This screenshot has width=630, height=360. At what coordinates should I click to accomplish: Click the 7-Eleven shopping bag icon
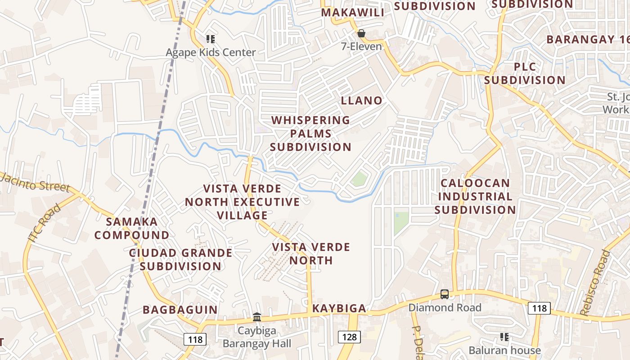(361, 33)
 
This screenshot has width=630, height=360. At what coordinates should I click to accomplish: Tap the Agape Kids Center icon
(210, 40)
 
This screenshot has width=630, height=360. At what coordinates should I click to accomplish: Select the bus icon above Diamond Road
(445, 294)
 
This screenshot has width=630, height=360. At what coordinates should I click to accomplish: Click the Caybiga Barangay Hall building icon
(257, 317)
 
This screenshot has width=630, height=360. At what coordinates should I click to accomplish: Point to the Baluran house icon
(504, 337)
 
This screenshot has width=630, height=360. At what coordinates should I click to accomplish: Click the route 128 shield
(349, 337)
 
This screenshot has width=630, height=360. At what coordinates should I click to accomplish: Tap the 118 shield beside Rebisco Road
(539, 308)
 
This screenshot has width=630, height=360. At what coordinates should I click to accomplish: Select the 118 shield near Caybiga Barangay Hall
(195, 339)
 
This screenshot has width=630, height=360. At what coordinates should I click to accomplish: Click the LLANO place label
(361, 100)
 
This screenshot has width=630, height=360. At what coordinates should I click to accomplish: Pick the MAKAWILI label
(353, 13)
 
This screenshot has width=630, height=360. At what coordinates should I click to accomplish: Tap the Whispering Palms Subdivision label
(310, 134)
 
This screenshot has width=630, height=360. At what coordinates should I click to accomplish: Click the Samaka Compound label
(132, 228)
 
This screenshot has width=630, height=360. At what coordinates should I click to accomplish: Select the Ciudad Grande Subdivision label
(180, 259)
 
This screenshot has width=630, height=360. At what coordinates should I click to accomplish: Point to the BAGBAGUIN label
(180, 310)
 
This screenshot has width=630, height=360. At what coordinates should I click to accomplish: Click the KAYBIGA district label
(339, 308)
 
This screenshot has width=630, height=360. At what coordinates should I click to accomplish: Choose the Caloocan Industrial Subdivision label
(475, 197)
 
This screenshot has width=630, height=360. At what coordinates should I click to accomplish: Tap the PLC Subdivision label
(525, 74)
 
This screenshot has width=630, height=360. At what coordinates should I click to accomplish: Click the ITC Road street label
(44, 223)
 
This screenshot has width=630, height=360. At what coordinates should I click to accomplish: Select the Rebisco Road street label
(595, 283)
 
